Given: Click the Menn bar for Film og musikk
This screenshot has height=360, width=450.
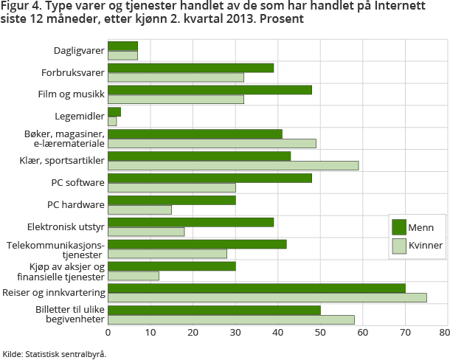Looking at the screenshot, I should coord(210,90).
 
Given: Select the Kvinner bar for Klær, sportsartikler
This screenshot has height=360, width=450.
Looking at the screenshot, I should coord(233,165).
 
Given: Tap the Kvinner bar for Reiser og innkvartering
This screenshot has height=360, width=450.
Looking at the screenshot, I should coord(267,297).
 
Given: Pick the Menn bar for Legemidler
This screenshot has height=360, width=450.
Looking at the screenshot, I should coord(114,111).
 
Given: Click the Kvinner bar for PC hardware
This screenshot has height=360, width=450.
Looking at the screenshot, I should coord(139,210).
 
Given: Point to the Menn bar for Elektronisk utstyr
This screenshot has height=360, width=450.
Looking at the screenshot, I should coord(190,222).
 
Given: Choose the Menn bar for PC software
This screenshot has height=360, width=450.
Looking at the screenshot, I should coord(210,178).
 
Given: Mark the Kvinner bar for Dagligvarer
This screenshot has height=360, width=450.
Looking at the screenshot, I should coord(122,55).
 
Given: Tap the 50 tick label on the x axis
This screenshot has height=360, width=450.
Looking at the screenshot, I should coord(320,333).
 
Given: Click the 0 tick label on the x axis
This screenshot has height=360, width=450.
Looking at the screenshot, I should coord(108,333).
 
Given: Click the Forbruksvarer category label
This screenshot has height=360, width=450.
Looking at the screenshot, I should coord(72,72).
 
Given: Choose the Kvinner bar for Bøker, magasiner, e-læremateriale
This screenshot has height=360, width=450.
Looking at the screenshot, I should coord(212,143).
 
